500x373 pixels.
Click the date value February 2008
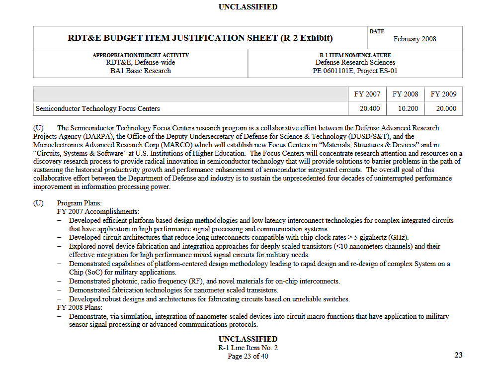click(415, 39)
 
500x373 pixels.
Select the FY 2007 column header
click(367, 94)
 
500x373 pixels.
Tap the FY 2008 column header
click(405, 94)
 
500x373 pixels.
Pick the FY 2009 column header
click(443, 94)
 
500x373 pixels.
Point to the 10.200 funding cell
click(408, 108)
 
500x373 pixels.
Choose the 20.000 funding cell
click(446, 108)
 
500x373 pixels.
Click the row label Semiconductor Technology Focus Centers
click(98, 108)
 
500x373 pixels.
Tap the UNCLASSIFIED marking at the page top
click(248, 7)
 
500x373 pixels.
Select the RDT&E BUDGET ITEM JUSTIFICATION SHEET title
click(200, 38)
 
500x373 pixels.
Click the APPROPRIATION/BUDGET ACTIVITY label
click(141, 55)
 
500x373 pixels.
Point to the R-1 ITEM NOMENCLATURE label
click(355, 55)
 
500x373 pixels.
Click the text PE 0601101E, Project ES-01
click(355, 71)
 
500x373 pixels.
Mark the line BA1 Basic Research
click(141, 71)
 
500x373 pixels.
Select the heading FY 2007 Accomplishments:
click(98, 211)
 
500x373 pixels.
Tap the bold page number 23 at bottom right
click(458, 355)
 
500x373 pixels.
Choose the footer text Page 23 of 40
click(248, 356)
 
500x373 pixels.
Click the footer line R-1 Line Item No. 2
click(248, 348)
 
